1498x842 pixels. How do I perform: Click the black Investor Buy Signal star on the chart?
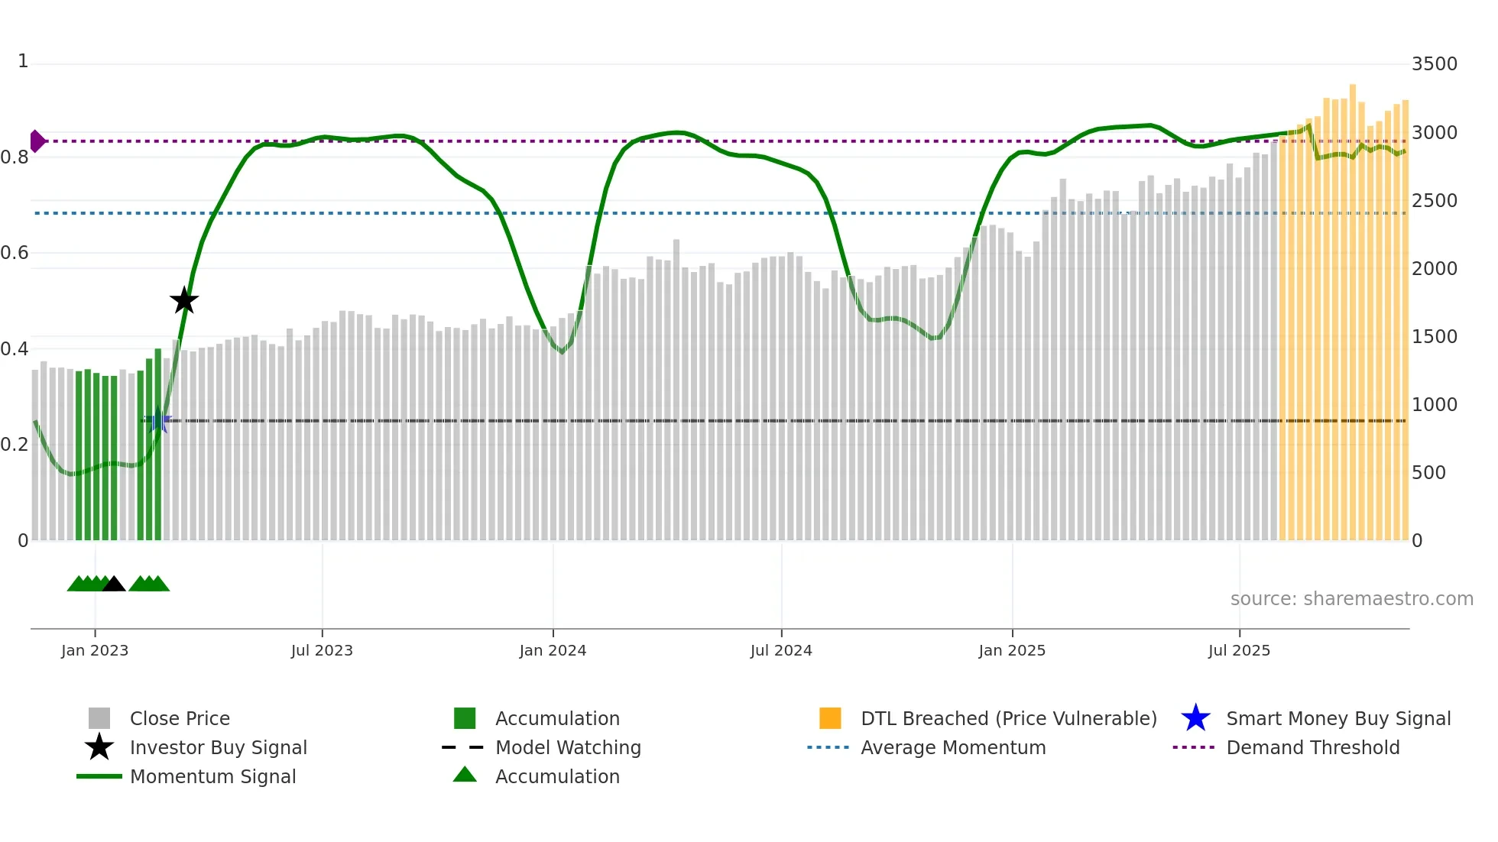click(184, 300)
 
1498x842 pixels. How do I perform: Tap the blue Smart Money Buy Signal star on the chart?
click(158, 420)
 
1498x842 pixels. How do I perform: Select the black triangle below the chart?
click(114, 585)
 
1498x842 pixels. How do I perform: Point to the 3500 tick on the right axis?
click(1434, 64)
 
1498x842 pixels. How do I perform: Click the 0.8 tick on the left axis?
click(15, 157)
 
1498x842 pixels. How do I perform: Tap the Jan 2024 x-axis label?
click(553, 650)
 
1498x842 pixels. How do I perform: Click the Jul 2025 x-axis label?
click(1239, 650)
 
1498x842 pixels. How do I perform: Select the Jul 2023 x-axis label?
click(322, 650)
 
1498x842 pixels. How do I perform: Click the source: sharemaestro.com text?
click(1351, 599)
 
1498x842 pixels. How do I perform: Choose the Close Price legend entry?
click(180, 718)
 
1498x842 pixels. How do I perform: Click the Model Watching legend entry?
click(567, 747)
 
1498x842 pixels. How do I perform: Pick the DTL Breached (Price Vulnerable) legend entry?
click(1008, 718)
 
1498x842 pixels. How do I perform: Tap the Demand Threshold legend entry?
click(1312, 747)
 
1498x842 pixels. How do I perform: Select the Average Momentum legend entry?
click(952, 747)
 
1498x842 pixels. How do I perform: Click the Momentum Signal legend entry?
click(212, 776)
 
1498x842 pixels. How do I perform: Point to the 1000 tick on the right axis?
click(1434, 405)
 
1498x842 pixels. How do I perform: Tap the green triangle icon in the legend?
click(465, 775)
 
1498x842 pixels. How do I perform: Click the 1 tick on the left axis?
click(23, 61)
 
